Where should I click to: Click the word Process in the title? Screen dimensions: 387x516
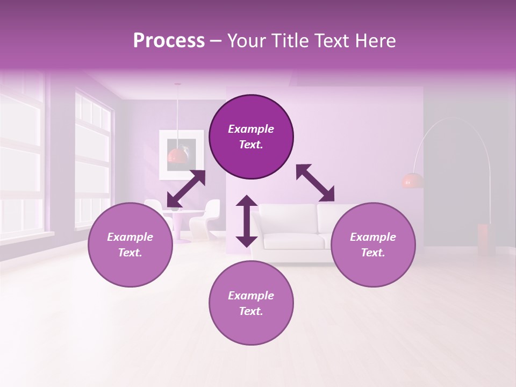pyautogui.click(x=169, y=41)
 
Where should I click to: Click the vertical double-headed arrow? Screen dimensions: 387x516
pyautogui.click(x=247, y=221)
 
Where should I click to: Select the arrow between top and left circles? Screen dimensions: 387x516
pyautogui.click(x=186, y=189)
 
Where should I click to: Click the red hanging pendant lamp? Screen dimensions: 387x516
pyautogui.click(x=177, y=155)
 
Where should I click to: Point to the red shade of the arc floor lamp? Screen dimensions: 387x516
pyautogui.click(x=412, y=181)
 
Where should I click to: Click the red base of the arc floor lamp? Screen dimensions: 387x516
pyautogui.click(x=486, y=240)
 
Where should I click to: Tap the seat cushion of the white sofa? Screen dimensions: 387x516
pyautogui.click(x=293, y=242)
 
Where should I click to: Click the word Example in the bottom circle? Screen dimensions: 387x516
pyautogui.click(x=251, y=296)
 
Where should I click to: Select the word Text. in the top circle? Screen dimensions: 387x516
pyautogui.click(x=251, y=145)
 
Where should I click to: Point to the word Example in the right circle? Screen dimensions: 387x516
pyautogui.click(x=373, y=237)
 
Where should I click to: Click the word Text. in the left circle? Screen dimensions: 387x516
pyautogui.click(x=130, y=253)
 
